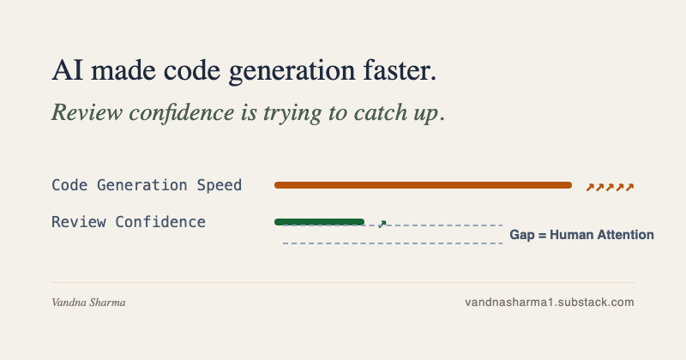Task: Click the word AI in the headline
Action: (x=68, y=70)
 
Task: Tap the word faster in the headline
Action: (x=400, y=70)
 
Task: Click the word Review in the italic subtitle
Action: (x=87, y=112)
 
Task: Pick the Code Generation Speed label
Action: (x=147, y=185)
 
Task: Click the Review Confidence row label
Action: (x=129, y=222)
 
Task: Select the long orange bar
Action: (x=423, y=185)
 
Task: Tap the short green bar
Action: (x=319, y=222)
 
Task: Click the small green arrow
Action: (x=382, y=224)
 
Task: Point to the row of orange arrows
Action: (x=610, y=187)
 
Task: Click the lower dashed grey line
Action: (x=393, y=243)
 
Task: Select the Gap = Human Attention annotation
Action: (x=582, y=235)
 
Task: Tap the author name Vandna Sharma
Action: (x=88, y=303)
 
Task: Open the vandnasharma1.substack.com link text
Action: (x=550, y=303)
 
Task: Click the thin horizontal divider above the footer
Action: (x=343, y=283)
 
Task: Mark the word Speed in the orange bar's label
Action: (x=220, y=186)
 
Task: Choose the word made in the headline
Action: (x=123, y=70)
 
